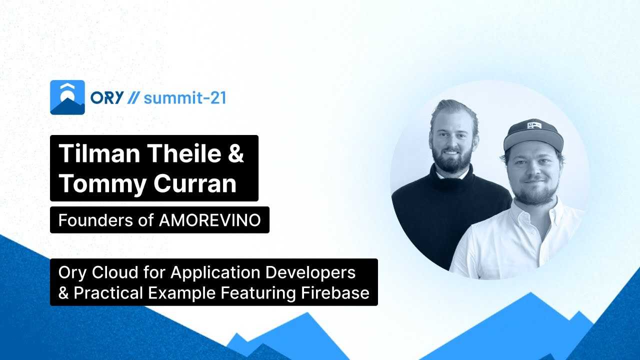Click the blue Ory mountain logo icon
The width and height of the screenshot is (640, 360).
[67, 97]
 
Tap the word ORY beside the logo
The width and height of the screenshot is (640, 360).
[107, 97]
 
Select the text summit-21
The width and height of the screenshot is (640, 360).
[185, 97]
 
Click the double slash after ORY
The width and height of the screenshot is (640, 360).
[133, 97]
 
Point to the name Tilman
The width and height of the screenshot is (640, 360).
[99, 153]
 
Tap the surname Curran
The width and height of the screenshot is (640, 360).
[195, 183]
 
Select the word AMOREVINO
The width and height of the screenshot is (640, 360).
[210, 220]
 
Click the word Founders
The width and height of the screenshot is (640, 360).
[95, 220]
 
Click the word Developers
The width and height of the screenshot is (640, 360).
[310, 273]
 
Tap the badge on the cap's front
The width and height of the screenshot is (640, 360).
[534, 125]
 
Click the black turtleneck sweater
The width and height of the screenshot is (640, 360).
[448, 217]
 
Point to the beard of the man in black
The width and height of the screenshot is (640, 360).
[452, 160]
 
